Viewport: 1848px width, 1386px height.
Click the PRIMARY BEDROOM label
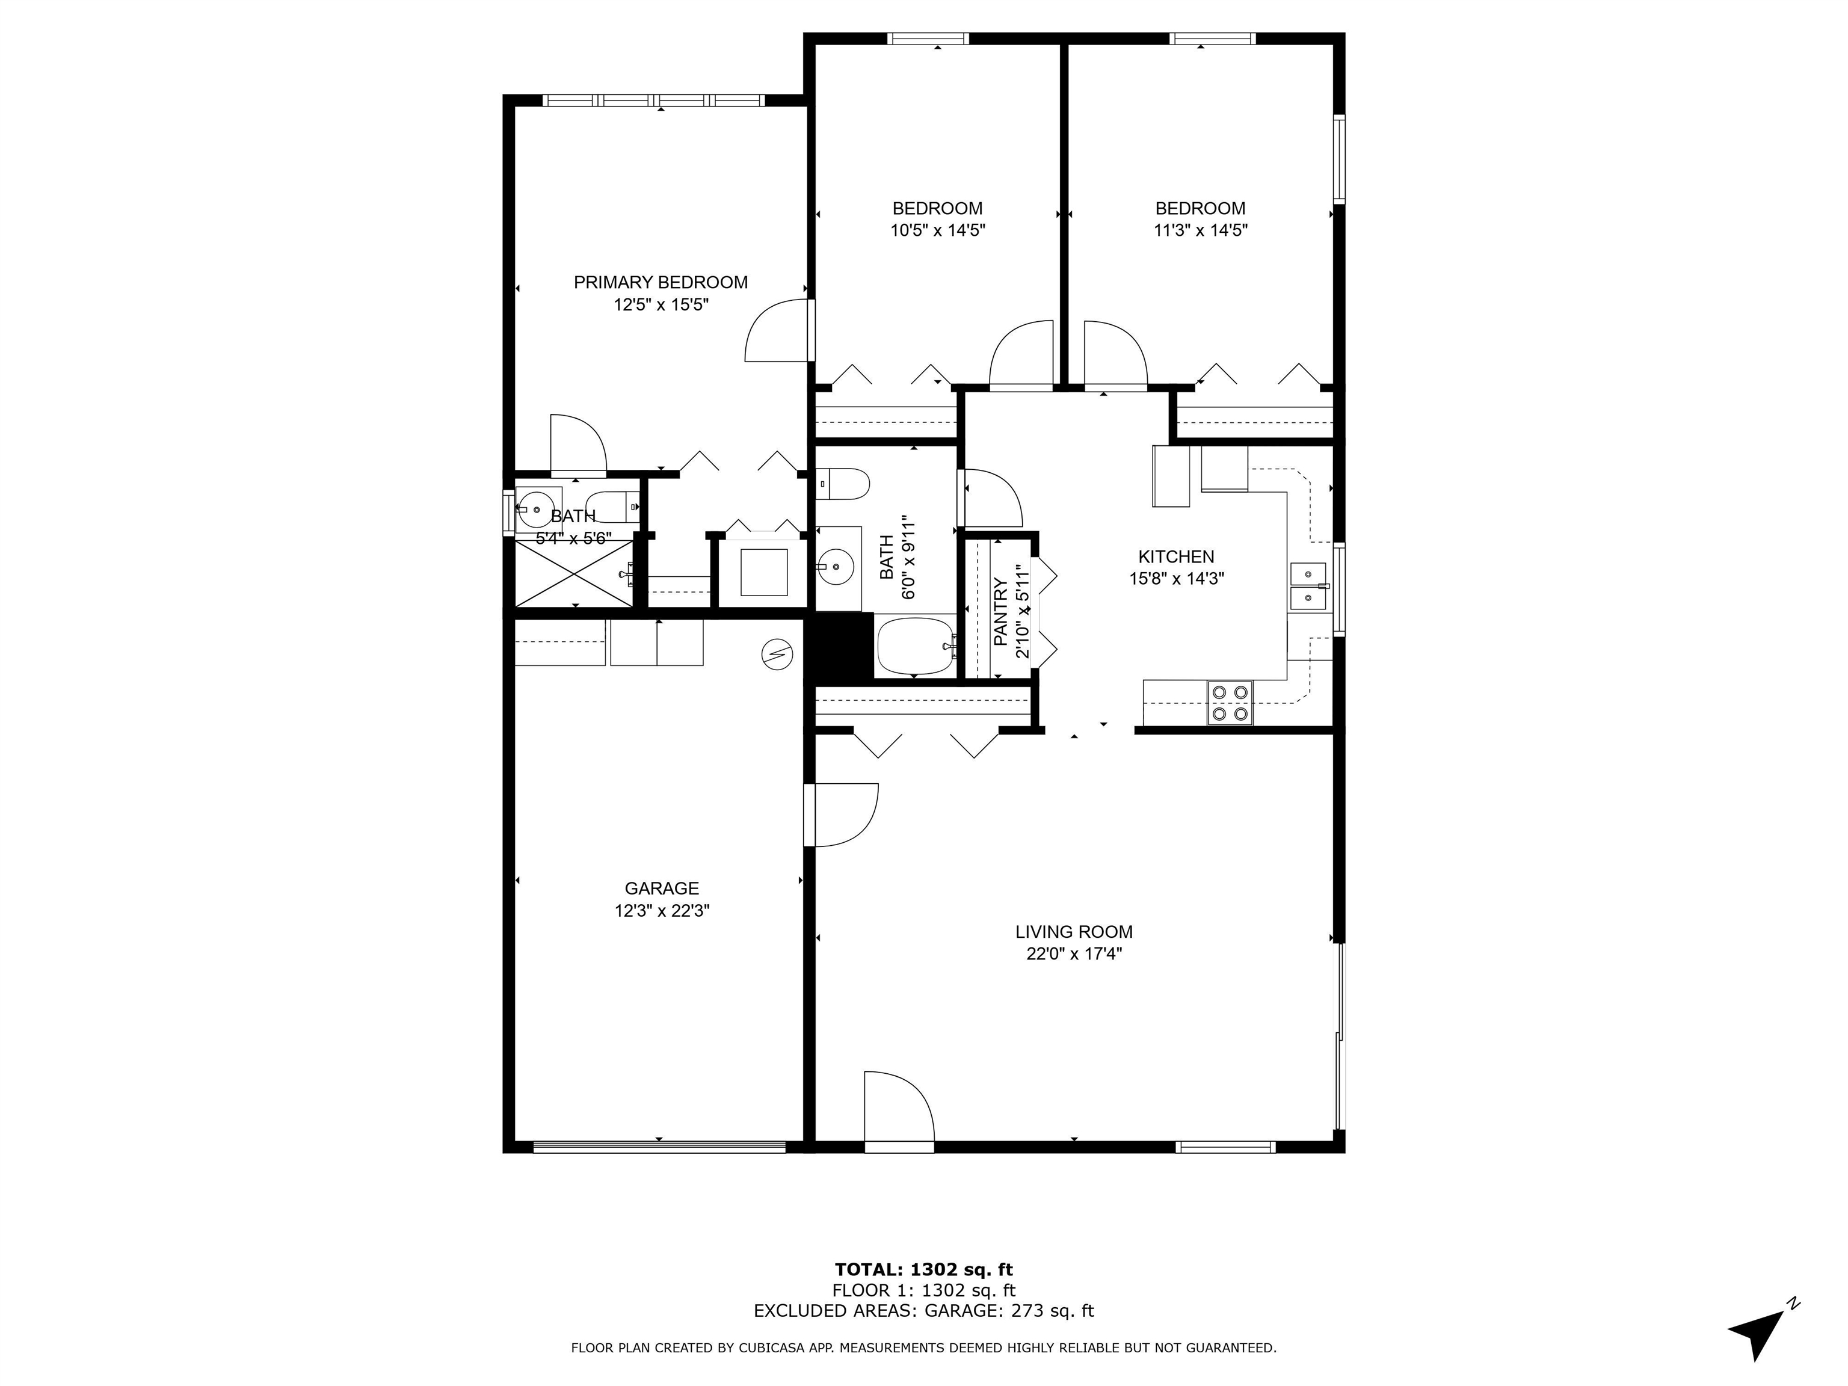[x=660, y=282]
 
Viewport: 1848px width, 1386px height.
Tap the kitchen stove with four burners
[x=1229, y=703]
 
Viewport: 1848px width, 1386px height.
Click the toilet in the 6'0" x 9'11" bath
[x=844, y=484]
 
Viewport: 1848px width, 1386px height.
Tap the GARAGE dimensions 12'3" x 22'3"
[x=662, y=911]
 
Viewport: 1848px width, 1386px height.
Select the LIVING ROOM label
[x=1074, y=931]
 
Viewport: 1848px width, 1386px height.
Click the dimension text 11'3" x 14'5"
[x=1200, y=230]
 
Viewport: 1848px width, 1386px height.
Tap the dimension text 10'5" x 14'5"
[x=937, y=230]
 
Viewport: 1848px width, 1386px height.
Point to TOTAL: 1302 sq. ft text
[x=923, y=1270]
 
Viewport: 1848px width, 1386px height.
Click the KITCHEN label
[x=1175, y=556]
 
